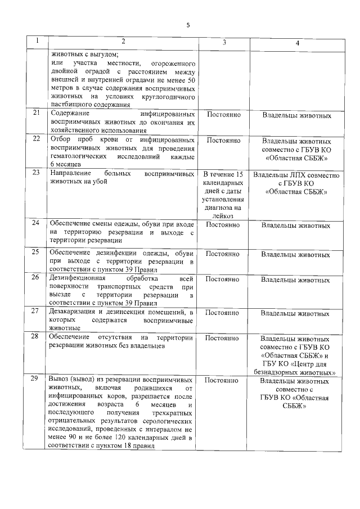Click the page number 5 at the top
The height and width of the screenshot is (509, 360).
point(188,25)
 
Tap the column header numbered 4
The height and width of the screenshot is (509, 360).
point(297,43)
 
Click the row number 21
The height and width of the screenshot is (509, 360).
point(37,113)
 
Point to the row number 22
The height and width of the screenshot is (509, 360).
point(37,138)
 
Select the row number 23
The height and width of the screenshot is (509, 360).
point(37,172)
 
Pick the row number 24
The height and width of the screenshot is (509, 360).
point(37,224)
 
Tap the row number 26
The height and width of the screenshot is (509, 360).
point(37,277)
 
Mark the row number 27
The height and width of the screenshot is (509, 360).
point(37,311)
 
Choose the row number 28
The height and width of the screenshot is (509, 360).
point(37,337)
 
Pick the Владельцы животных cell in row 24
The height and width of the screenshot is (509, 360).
point(296,226)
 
